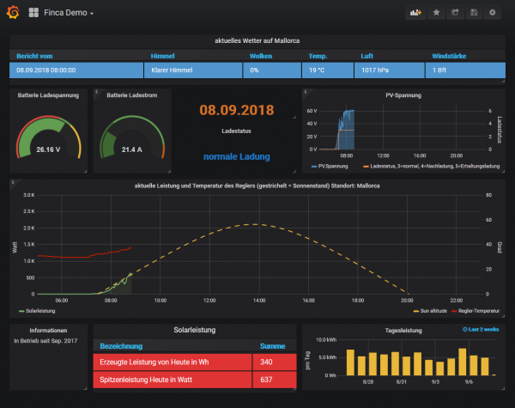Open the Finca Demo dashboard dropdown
click(69, 14)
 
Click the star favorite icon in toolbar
click(436, 13)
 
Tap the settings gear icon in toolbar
click(492, 13)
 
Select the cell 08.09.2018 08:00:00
click(45, 70)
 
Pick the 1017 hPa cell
click(375, 70)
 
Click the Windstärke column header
click(450, 56)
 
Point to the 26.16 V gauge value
click(48, 149)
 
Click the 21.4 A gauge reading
click(131, 149)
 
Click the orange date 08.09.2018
click(230, 110)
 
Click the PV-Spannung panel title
click(403, 95)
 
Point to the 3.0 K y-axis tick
click(28, 195)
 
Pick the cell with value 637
click(266, 379)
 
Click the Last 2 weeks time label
click(482, 329)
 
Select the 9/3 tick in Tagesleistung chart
click(436, 381)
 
